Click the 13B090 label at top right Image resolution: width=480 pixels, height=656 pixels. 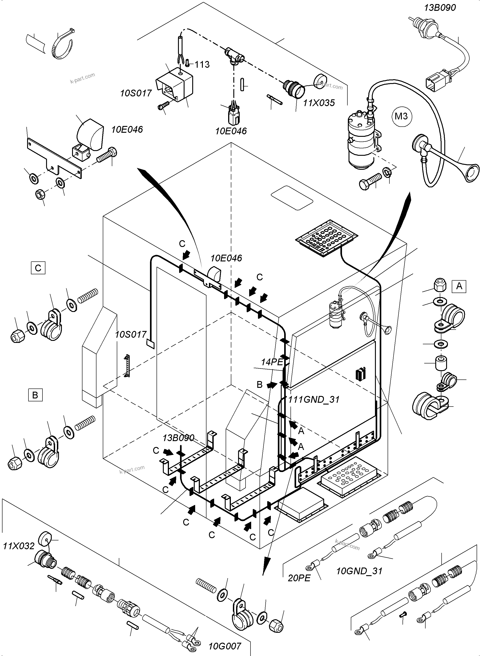[440, 7]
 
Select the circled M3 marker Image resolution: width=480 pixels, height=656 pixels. [401, 116]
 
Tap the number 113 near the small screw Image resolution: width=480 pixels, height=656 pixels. [202, 65]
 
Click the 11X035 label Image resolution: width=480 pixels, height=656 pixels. [319, 103]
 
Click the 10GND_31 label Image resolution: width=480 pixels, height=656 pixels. [359, 571]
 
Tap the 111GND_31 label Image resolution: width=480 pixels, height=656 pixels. [314, 400]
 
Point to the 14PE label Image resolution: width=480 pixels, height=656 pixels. [272, 362]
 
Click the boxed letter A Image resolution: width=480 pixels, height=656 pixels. [459, 286]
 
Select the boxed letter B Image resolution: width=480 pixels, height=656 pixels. [35, 395]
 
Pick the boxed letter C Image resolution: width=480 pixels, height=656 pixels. [38, 268]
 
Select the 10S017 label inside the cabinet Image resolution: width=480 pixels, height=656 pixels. [131, 335]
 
